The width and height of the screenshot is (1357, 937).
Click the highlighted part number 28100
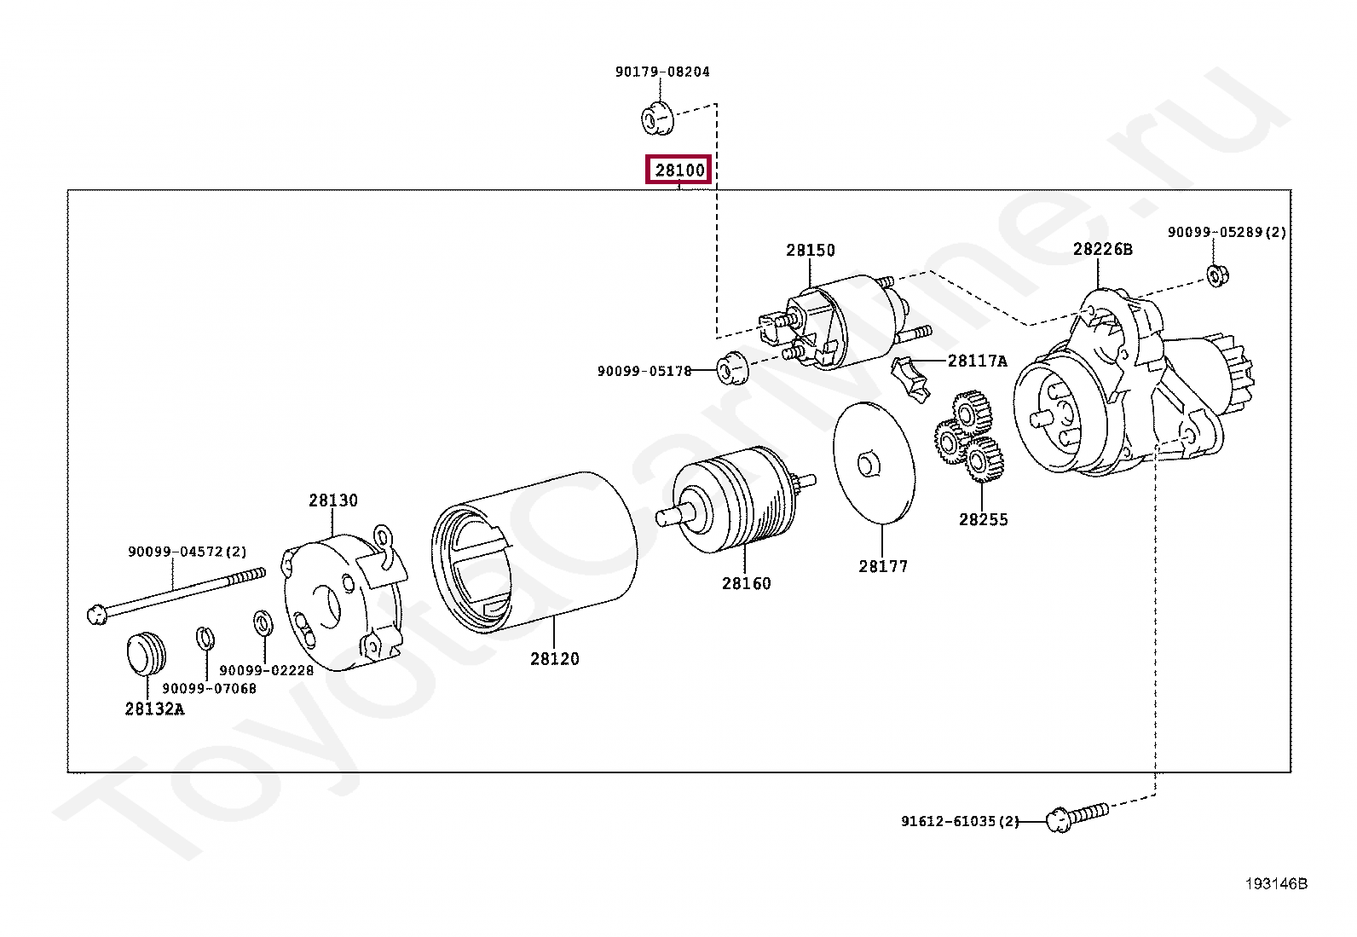pos(679,171)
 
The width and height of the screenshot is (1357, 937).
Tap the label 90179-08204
pos(662,72)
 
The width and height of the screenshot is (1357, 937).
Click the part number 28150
pos(810,250)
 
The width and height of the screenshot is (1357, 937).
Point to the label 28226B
pos(1102,249)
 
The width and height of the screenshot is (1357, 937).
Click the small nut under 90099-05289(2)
pos(1216,275)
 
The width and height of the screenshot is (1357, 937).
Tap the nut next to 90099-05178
pos(730,367)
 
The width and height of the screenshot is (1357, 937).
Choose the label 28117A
pos(977,361)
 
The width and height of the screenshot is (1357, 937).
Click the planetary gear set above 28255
pos(969,437)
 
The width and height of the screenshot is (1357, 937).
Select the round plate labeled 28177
pos(873,463)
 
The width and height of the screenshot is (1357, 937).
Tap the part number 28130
pos(332,500)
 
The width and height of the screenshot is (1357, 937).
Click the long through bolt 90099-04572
pos(175,593)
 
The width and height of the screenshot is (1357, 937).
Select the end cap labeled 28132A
pos(146,654)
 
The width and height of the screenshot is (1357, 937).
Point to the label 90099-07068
pos(209,688)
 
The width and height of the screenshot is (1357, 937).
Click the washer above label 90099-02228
pos(263,623)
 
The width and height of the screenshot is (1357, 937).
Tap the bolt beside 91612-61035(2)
pos(1077,817)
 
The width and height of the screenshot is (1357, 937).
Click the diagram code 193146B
pos(1275,883)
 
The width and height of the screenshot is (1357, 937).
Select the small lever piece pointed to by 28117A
pos(910,380)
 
